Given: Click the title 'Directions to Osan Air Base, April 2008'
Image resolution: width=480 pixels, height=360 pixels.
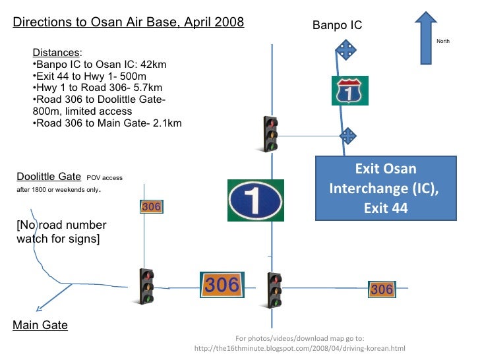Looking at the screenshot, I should pos(129,22).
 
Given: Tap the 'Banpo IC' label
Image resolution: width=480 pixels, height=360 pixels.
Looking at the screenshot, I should pos(337,26).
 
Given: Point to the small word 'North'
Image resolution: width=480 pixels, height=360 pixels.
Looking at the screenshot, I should pos(443,42).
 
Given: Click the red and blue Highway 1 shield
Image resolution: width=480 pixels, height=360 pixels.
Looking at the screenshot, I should pos(349,90).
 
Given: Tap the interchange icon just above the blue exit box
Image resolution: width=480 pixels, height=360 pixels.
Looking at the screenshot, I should pos(347,136).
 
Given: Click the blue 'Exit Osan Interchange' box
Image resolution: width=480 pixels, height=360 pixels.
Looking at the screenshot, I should pos(386,188).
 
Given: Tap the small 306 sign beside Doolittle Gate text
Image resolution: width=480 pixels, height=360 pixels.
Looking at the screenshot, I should pos(152,207).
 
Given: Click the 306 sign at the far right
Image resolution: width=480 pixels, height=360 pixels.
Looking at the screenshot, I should pos(382,289).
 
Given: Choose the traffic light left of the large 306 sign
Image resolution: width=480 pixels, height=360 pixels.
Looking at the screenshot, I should pos(147,286).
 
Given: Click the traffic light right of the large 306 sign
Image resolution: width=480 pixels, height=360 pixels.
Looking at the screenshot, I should pos(274,290).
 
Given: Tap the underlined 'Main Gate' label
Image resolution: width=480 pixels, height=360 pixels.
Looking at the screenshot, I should pos(40,325).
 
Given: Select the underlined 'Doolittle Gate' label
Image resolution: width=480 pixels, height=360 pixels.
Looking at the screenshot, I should pos(49,177).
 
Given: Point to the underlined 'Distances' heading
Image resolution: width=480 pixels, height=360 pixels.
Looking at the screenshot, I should pos(55,53).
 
